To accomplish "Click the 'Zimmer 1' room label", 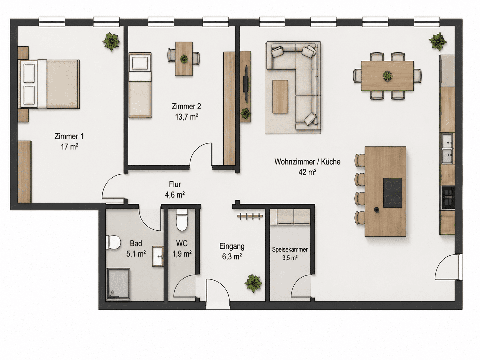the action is point(69,136).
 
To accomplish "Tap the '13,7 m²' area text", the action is point(187,117).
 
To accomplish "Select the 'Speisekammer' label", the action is point(290,249).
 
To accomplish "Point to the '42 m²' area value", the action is point(307,172).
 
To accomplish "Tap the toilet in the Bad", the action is point(113,242).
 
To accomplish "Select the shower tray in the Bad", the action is point(118,285).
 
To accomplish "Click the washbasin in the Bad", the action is point(158,256).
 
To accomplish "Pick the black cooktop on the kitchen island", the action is point(393,193).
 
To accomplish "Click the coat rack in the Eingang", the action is point(250,216).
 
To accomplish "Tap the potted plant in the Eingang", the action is point(253,283).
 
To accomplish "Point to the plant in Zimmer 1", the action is point(112,42).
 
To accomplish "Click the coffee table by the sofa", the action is point(280,97).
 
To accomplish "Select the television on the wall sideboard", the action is point(246,84).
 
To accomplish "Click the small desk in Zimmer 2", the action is point(184,59).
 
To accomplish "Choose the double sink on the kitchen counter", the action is point(447,149).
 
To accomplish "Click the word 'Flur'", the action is point(175,184).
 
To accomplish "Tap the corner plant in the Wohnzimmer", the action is point(438,42).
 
